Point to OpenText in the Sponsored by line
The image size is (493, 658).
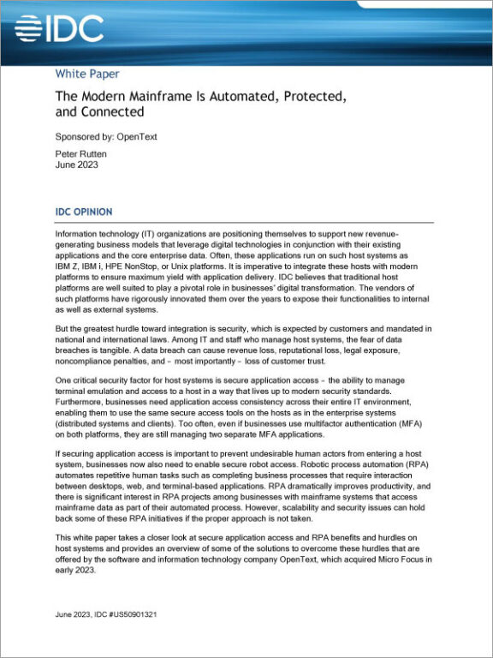pyautogui.click(x=138, y=136)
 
